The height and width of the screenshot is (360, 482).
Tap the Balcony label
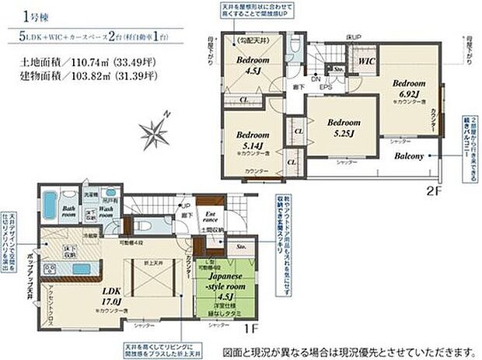point(408,156)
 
